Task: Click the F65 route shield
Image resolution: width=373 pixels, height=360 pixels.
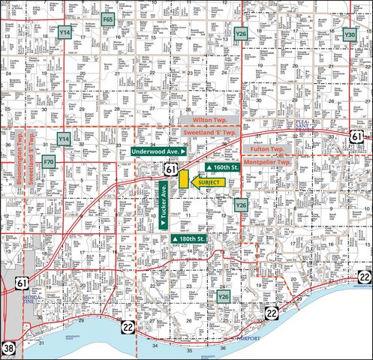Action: click(x=108, y=19)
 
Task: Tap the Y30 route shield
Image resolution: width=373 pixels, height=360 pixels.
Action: click(x=349, y=34)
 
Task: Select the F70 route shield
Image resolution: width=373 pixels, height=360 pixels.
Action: click(x=49, y=161)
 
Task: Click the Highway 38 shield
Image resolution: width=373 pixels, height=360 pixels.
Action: click(x=8, y=347)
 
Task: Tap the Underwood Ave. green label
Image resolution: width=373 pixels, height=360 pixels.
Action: click(x=159, y=151)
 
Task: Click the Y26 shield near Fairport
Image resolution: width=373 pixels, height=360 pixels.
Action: click(x=223, y=297)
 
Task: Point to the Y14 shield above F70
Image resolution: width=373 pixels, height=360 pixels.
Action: click(x=65, y=139)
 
